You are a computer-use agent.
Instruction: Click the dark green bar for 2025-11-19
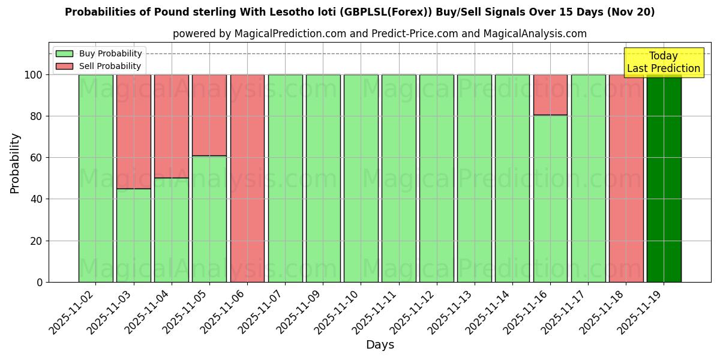point(664,178)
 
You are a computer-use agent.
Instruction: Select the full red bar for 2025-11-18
point(626,178)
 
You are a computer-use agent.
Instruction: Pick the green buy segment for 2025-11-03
point(133,235)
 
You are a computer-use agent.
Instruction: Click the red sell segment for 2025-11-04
point(171,126)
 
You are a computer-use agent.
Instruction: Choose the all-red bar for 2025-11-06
point(247,178)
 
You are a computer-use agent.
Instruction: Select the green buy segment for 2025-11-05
point(209,219)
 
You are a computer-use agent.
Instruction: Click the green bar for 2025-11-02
point(95,178)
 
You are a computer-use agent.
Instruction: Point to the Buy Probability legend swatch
point(64,54)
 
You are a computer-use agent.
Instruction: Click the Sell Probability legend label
point(110,67)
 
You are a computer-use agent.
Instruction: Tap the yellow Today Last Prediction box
point(663,62)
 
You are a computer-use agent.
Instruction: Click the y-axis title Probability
point(15,163)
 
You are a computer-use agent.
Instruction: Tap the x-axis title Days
point(380,345)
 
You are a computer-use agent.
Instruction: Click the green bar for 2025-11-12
point(436,178)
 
